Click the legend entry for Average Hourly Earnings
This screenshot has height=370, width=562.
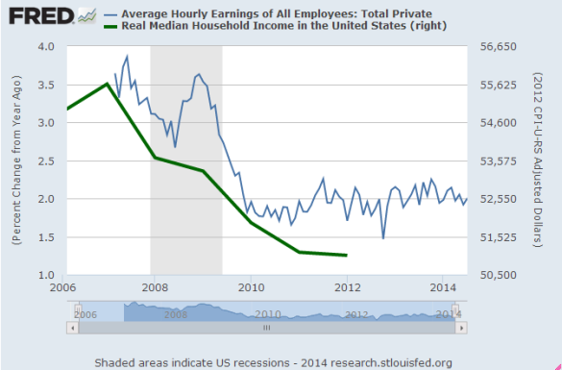tap(268, 14)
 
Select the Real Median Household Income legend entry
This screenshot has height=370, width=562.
tap(276, 26)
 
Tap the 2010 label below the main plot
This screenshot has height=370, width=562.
tap(251, 287)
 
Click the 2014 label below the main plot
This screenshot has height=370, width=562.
tap(443, 287)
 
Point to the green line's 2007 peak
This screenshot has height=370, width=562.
tap(107, 84)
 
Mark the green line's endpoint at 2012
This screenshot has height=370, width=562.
tap(347, 256)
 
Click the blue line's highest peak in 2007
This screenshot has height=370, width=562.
tap(127, 57)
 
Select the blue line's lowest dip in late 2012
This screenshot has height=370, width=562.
tap(383, 238)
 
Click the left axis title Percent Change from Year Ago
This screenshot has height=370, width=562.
tap(16, 160)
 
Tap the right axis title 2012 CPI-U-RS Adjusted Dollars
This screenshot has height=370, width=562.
tap(538, 160)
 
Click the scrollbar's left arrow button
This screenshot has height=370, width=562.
tap(72, 328)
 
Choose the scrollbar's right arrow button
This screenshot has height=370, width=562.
tap(461, 328)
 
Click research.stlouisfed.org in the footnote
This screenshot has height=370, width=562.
tap(391, 363)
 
